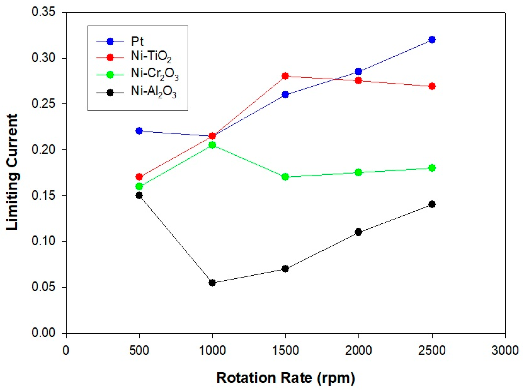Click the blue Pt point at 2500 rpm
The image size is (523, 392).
[x=432, y=40]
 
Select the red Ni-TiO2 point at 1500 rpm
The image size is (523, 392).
[x=285, y=76]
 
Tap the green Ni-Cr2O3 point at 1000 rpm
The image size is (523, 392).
[x=212, y=145]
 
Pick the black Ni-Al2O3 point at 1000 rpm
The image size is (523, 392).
[x=212, y=283]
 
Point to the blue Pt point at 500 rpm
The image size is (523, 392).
[x=139, y=131]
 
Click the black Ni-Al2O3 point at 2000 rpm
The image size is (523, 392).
[x=358, y=232]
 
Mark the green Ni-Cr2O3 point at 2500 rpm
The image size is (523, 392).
[x=432, y=168]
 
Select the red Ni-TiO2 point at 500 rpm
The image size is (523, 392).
[x=139, y=177]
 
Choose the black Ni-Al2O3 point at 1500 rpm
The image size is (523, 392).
[x=285, y=269]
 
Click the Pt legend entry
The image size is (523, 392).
[x=137, y=41]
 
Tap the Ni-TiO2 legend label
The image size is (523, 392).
[x=151, y=57]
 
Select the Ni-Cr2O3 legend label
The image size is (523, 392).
[x=154, y=74]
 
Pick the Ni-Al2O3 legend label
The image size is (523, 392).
[x=153, y=92]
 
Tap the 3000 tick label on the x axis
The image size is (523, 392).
[x=505, y=351]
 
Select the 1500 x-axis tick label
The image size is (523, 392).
[x=285, y=351]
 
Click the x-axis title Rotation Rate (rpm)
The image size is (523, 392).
[x=285, y=378]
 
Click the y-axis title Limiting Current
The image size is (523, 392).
[x=12, y=172]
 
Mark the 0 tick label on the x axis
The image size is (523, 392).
[x=66, y=351]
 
